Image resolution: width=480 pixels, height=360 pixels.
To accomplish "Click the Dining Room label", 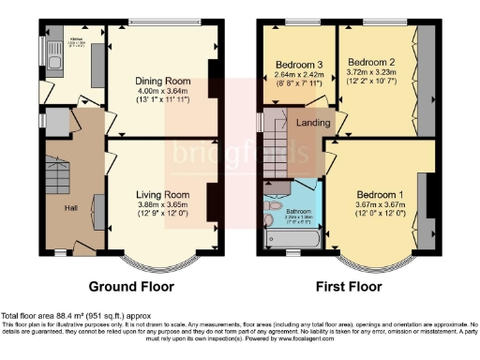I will (x=164, y=82).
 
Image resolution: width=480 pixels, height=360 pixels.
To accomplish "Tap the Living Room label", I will (x=163, y=195).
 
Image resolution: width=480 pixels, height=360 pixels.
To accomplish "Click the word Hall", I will (x=70, y=207).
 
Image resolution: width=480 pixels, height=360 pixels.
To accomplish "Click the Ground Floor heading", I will (x=129, y=285).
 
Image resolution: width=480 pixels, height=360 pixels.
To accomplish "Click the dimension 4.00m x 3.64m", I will (x=164, y=91).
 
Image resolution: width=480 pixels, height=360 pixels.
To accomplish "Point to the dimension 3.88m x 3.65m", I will (x=163, y=205).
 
